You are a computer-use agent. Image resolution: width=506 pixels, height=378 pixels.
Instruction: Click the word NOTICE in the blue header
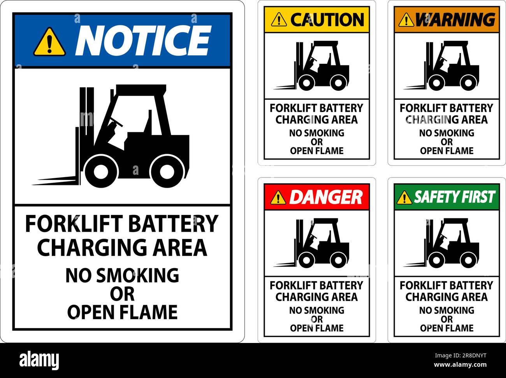[x=142, y=40]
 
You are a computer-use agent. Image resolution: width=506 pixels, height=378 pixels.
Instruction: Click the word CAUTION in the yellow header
[x=327, y=19]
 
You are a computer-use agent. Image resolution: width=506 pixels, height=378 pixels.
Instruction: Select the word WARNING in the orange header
[x=455, y=19]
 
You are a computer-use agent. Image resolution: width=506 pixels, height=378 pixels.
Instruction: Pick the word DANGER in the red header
[x=325, y=197]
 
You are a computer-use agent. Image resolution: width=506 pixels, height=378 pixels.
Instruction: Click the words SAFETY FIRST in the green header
[x=454, y=197]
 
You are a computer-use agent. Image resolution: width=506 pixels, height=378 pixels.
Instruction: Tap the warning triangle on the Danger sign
[x=278, y=197]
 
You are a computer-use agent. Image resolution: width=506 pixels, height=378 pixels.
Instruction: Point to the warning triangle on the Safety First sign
[x=404, y=197]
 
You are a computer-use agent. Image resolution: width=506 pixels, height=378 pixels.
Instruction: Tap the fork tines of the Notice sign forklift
[x=56, y=181]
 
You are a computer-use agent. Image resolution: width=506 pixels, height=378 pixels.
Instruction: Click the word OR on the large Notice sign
[x=122, y=294]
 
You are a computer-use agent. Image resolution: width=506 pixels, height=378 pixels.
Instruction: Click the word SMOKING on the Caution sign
[x=325, y=133]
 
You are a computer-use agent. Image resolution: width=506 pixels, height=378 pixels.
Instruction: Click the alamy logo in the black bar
[x=39, y=359]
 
